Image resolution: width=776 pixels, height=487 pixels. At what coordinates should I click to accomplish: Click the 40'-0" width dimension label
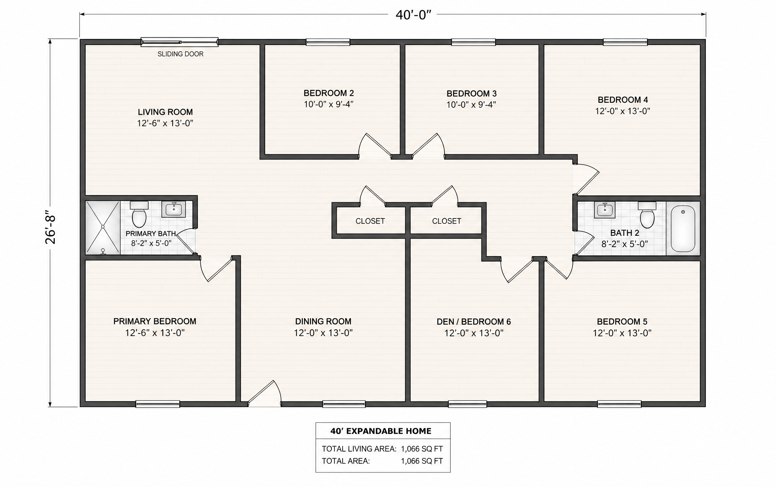pyautogui.click(x=413, y=15)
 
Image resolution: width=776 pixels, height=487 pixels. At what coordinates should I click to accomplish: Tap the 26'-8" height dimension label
pyautogui.click(x=51, y=227)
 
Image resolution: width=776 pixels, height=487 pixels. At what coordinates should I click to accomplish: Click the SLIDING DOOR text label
pyautogui.click(x=180, y=54)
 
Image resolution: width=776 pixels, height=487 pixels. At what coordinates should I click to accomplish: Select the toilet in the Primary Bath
pyautogui.click(x=139, y=214)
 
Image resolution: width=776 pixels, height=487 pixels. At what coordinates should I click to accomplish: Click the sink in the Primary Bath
pyautogui.click(x=174, y=209)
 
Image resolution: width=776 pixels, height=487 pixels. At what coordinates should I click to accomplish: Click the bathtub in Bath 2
pyautogui.click(x=683, y=228)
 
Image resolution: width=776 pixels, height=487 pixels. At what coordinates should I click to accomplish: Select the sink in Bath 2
pyautogui.click(x=605, y=210)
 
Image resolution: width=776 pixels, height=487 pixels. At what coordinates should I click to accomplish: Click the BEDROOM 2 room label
pyautogui.click(x=329, y=93)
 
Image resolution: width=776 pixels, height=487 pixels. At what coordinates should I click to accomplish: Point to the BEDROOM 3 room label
pyautogui.click(x=471, y=94)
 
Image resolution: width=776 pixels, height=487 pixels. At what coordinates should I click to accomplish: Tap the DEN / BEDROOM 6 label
pyautogui.click(x=474, y=322)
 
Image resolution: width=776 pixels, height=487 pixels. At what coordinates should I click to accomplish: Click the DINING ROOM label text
pyautogui.click(x=323, y=321)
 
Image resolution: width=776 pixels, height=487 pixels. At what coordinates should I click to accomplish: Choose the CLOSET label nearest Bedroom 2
pyautogui.click(x=370, y=221)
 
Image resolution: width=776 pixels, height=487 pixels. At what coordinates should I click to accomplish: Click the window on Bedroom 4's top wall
pyautogui.click(x=625, y=42)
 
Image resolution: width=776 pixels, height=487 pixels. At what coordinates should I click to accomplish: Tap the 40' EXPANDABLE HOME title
pyautogui.click(x=381, y=431)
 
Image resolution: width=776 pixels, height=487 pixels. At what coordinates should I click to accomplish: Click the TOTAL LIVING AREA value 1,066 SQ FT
pyautogui.click(x=422, y=449)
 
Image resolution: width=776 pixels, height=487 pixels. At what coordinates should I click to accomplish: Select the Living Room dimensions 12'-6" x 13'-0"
pyautogui.click(x=165, y=123)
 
